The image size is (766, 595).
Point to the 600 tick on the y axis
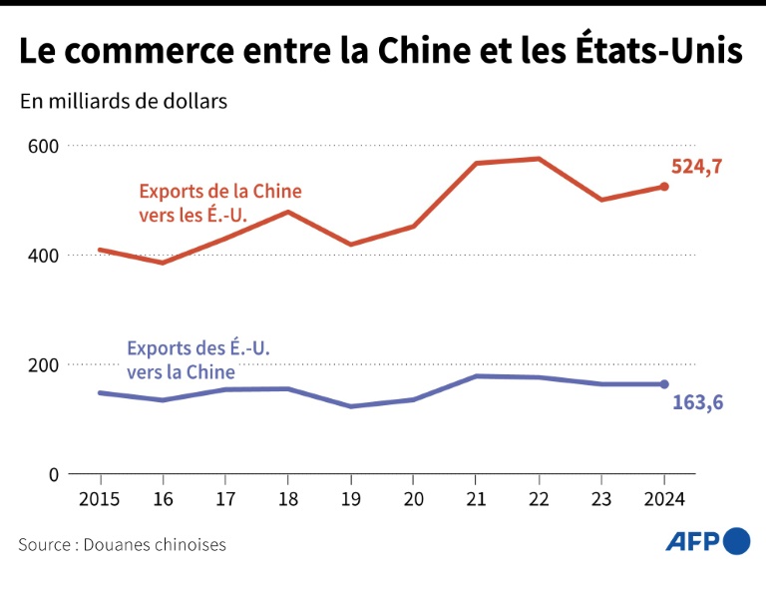(x=43, y=146)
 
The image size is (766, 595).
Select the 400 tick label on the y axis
(x=43, y=256)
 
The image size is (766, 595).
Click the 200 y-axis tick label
(x=43, y=364)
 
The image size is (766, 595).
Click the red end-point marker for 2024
(x=664, y=187)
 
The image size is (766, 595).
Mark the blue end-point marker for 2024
(x=664, y=384)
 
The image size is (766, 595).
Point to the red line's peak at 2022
(x=539, y=159)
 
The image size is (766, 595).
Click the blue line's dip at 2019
(x=350, y=406)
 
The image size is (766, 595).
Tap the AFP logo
(x=708, y=541)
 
